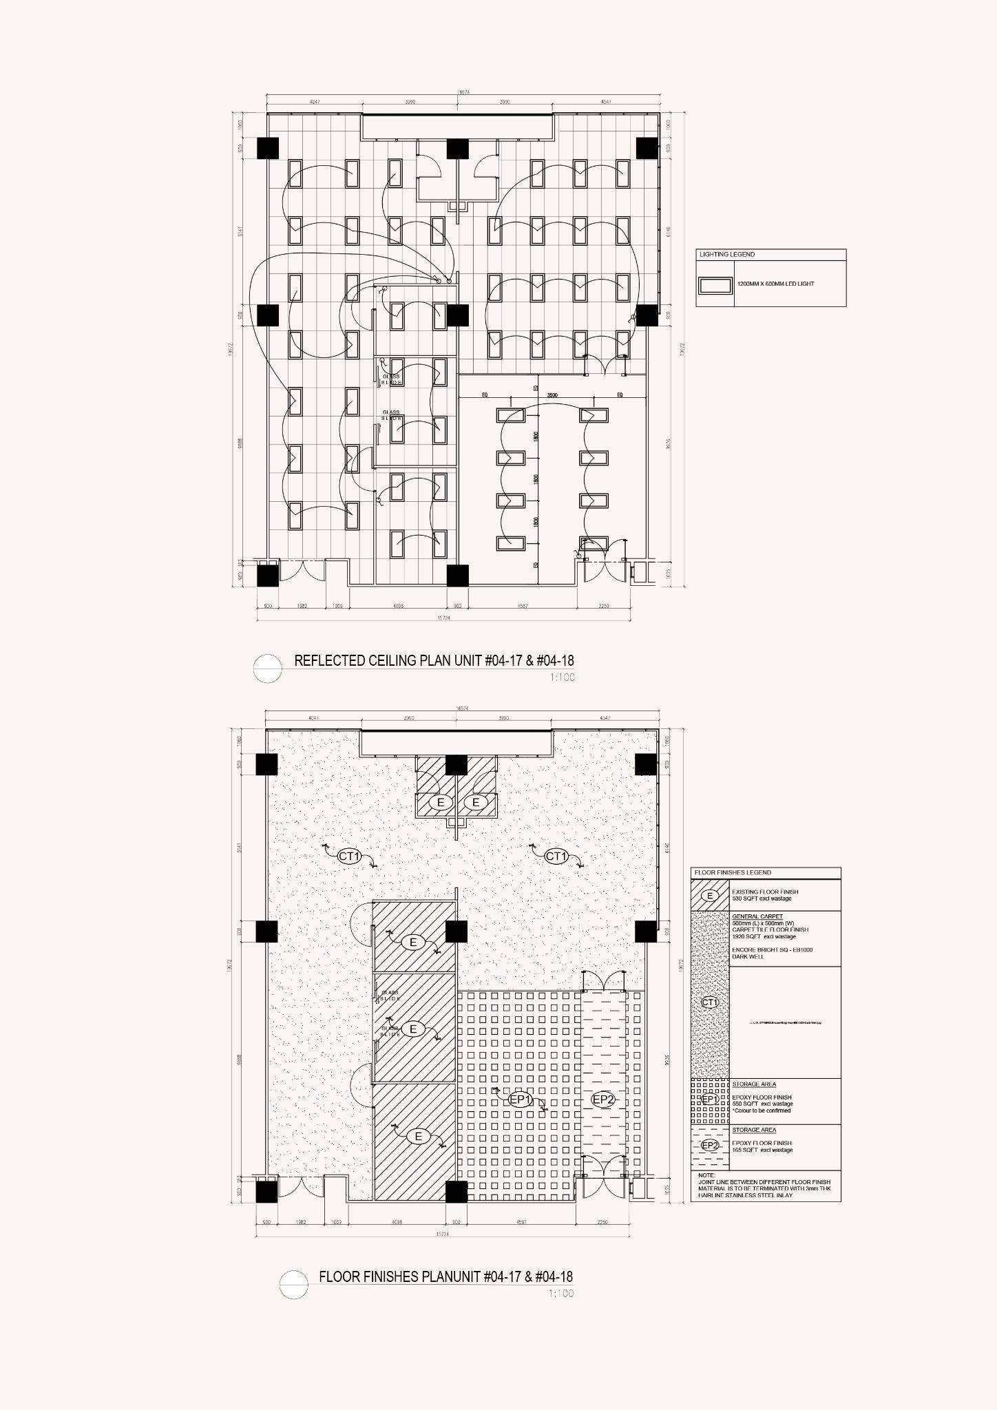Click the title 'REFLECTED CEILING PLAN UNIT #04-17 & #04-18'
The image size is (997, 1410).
pos(434,661)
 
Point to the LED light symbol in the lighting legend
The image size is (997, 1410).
pos(715,284)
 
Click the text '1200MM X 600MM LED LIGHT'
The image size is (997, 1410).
pos(775,284)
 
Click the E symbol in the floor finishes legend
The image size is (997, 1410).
pos(710,896)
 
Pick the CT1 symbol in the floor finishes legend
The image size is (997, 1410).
pos(710,1002)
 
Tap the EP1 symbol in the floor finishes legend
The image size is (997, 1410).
pos(710,1099)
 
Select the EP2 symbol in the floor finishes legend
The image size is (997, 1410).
pos(710,1146)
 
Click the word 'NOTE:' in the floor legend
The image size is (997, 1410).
pos(706,1175)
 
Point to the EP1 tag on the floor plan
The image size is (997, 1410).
pos(521,1100)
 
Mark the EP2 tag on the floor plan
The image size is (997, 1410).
pos(603,1100)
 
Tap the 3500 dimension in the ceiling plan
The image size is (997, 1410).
pos(552,396)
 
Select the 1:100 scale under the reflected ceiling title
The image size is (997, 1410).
pos(562,677)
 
